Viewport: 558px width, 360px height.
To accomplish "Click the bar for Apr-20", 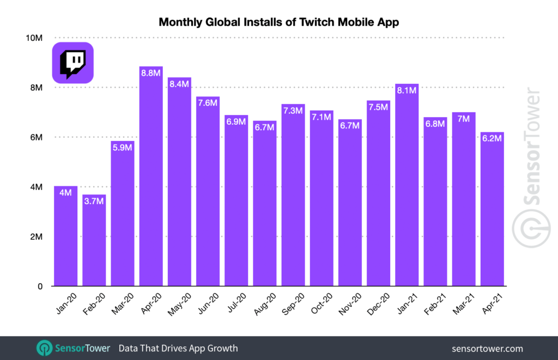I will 151,180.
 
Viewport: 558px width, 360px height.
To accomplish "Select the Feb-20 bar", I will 94,242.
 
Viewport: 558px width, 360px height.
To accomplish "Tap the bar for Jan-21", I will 407,188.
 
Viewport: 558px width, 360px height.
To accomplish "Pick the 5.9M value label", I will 123,148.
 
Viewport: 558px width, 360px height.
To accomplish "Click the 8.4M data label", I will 179,84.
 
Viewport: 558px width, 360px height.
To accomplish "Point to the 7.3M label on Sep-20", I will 293,111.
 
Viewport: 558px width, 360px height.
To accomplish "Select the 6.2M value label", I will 492,138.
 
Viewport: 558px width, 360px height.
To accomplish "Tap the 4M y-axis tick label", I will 37,187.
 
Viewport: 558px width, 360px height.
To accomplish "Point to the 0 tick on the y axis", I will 40,286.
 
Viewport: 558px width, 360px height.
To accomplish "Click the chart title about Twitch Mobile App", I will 278,22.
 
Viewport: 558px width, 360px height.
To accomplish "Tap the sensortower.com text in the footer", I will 487,349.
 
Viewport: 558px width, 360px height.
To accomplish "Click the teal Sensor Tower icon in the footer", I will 45,348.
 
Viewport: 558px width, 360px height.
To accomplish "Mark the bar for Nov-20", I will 350,204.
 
